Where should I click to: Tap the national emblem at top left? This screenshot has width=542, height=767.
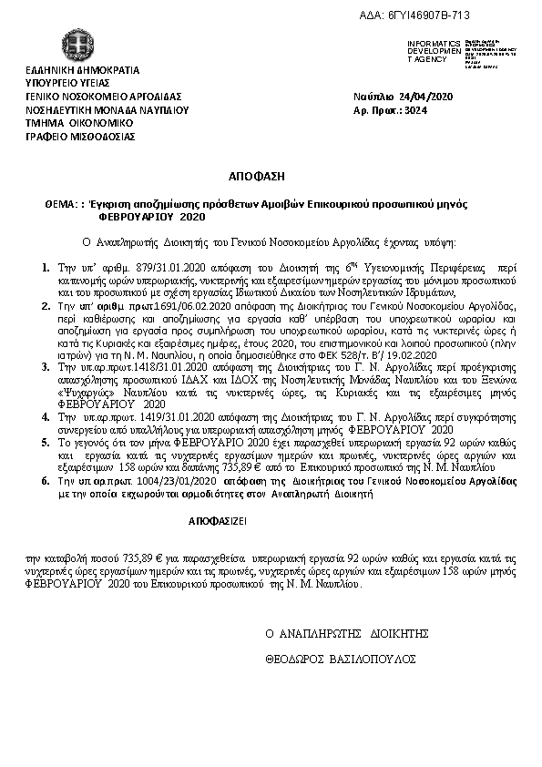point(77,46)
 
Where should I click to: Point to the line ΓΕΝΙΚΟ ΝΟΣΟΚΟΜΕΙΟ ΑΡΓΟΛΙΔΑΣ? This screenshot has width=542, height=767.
point(104,96)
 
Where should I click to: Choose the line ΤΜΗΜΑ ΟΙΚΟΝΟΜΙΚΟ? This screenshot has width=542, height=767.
point(79,122)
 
